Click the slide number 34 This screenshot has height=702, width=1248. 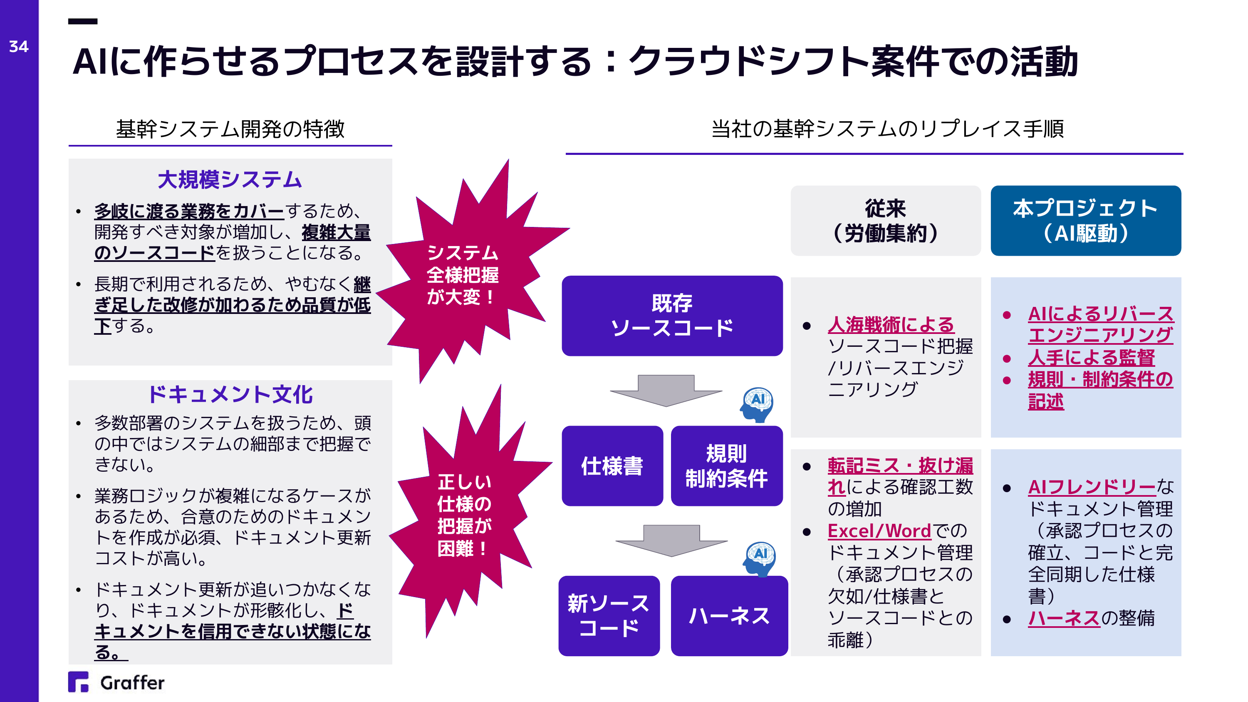[x=19, y=47]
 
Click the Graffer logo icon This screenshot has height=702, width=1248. [x=79, y=682]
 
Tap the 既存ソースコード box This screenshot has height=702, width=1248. [x=672, y=316]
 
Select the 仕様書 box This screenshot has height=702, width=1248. [x=612, y=466]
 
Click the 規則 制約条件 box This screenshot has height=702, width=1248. [x=727, y=466]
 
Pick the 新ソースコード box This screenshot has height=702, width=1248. [x=609, y=616]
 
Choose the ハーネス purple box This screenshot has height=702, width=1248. [x=729, y=616]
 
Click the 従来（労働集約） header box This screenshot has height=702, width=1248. [x=886, y=221]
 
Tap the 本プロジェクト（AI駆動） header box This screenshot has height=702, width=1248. [x=1086, y=221]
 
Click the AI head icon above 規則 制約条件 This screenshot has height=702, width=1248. [x=757, y=405]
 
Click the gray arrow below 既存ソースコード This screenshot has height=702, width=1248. [x=666, y=390]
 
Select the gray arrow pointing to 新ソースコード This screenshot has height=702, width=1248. [x=671, y=540]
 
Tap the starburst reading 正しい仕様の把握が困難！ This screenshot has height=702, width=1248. [x=468, y=514]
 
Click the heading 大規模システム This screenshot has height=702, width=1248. [x=230, y=180]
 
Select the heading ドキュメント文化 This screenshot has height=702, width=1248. [x=230, y=395]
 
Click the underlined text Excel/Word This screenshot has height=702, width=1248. [x=879, y=531]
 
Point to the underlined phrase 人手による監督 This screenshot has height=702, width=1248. [x=1092, y=358]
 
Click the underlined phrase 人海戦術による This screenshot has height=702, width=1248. [x=891, y=325]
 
